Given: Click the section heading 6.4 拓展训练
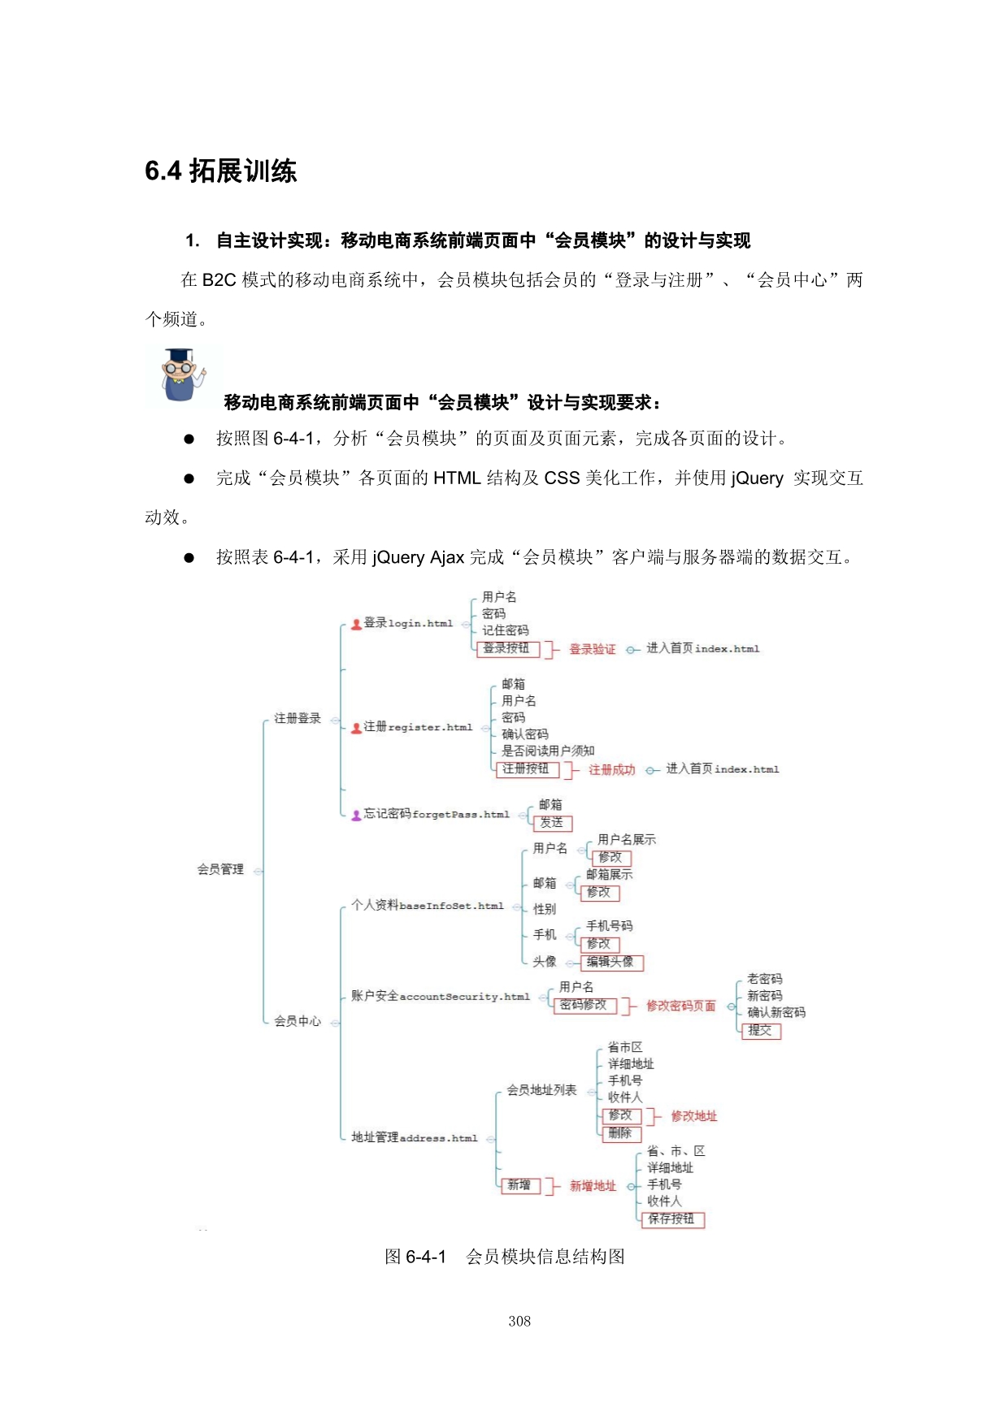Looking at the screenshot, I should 221,171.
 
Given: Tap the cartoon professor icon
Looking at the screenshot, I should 181,375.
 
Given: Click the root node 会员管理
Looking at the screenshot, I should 220,869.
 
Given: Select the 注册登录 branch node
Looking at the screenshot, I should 297,718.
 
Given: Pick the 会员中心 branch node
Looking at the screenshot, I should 297,1021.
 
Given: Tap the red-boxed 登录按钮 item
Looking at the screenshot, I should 506,648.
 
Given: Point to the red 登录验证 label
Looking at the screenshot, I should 592,649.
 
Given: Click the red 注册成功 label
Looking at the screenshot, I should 611,769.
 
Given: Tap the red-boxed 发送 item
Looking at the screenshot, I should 552,823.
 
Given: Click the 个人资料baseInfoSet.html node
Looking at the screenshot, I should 427,906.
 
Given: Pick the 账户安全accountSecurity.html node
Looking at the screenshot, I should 440,997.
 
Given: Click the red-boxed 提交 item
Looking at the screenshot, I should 761,1031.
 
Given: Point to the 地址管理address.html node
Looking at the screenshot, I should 414,1138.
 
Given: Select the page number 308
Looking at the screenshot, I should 519,1322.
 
